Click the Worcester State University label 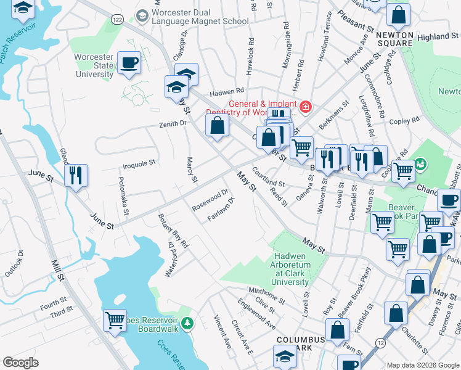coord(94,65)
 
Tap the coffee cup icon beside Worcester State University coord(129,64)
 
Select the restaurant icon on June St coord(76,176)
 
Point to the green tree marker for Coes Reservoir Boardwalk coord(189,323)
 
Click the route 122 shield coord(115,20)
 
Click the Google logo coord(20,363)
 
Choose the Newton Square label coord(394,38)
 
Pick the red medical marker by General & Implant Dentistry coord(306,107)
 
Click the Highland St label coord(442,37)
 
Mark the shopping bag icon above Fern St coord(337,331)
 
